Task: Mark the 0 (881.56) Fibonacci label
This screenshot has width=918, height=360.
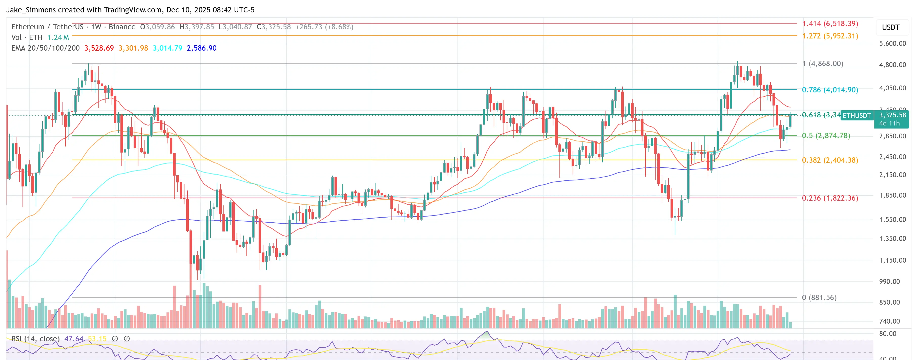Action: point(819,297)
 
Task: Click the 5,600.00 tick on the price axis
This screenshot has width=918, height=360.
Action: point(892,44)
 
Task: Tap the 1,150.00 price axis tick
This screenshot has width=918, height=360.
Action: point(892,260)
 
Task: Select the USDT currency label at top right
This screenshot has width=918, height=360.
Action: point(891,27)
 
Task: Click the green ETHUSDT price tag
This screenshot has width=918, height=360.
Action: point(857,115)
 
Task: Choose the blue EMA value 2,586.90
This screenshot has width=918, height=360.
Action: point(201,48)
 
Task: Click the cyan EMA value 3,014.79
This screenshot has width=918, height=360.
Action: point(168,48)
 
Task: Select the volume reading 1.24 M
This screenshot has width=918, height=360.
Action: point(58,37)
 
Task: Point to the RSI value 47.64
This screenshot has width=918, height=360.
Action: point(74,338)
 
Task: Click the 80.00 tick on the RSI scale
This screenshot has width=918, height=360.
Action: point(887,334)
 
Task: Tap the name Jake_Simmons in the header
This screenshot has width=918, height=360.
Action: point(31,10)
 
